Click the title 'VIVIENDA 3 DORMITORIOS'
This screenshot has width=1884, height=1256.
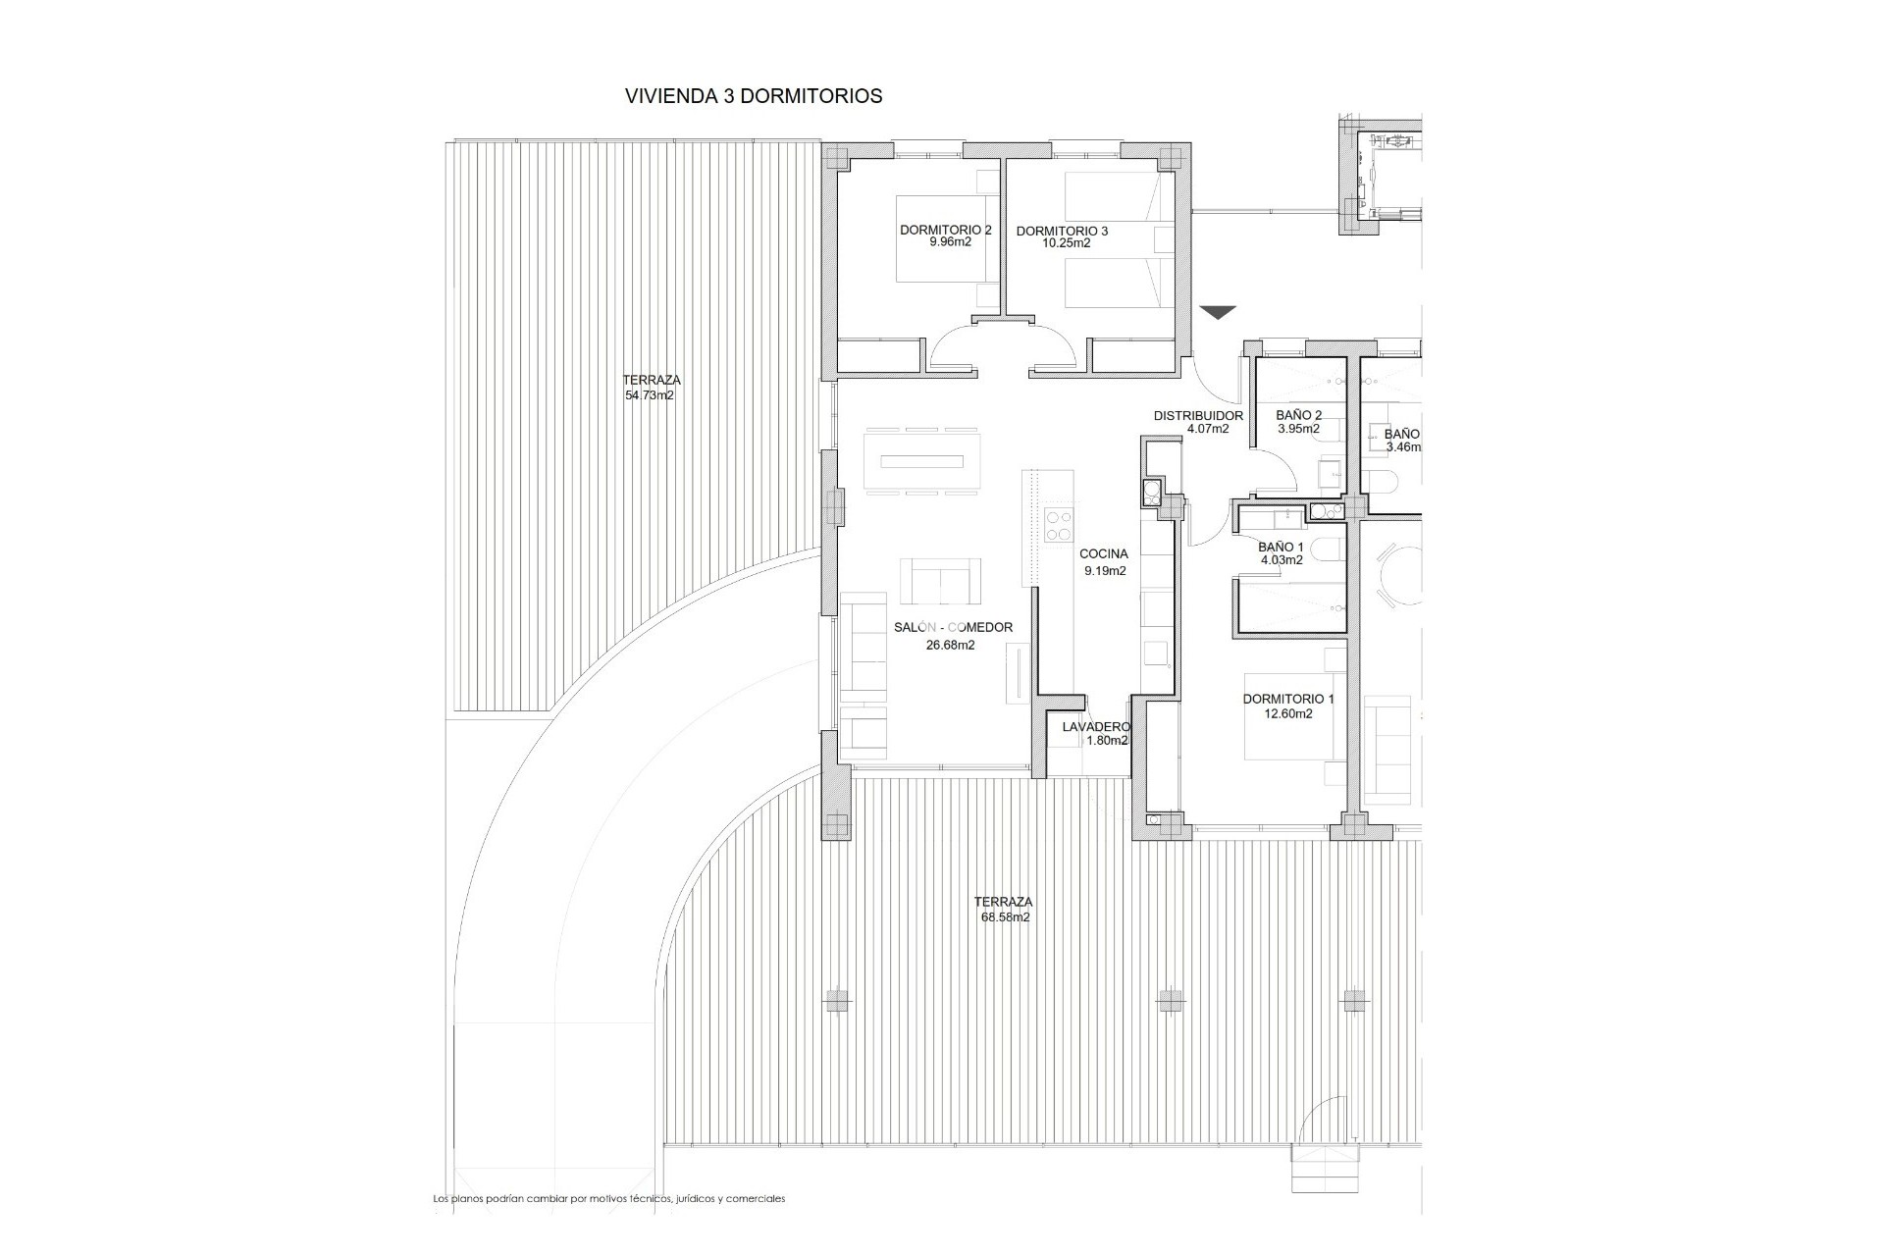click(754, 96)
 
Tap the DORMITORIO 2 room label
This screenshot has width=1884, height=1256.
click(946, 230)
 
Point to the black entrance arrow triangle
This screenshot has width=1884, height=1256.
click(1217, 313)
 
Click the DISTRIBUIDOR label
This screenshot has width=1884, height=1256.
click(1198, 416)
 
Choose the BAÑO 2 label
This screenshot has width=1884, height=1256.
click(1298, 415)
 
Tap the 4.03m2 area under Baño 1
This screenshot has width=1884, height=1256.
click(1282, 560)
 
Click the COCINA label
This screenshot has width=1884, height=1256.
click(1104, 553)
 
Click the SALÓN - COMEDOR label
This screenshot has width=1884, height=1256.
click(953, 628)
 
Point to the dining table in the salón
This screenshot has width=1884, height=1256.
click(921, 462)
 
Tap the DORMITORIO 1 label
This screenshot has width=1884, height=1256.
click(1288, 699)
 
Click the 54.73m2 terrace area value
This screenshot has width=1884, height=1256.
click(650, 396)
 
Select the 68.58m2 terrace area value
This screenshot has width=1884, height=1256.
click(1003, 917)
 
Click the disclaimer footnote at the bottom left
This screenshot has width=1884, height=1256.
click(608, 1199)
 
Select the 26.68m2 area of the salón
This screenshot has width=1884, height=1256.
click(950, 645)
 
